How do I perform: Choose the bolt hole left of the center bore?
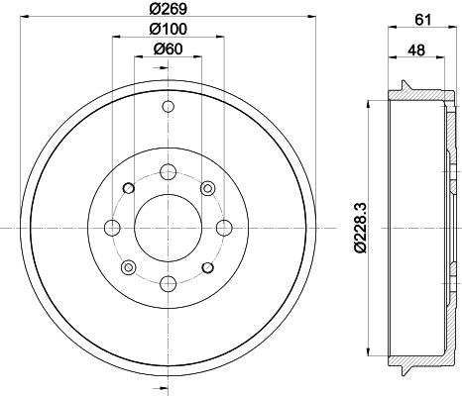point(111,227)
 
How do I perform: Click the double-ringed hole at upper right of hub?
point(206,188)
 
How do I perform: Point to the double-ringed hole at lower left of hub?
point(127,266)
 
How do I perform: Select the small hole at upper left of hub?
point(127,188)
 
